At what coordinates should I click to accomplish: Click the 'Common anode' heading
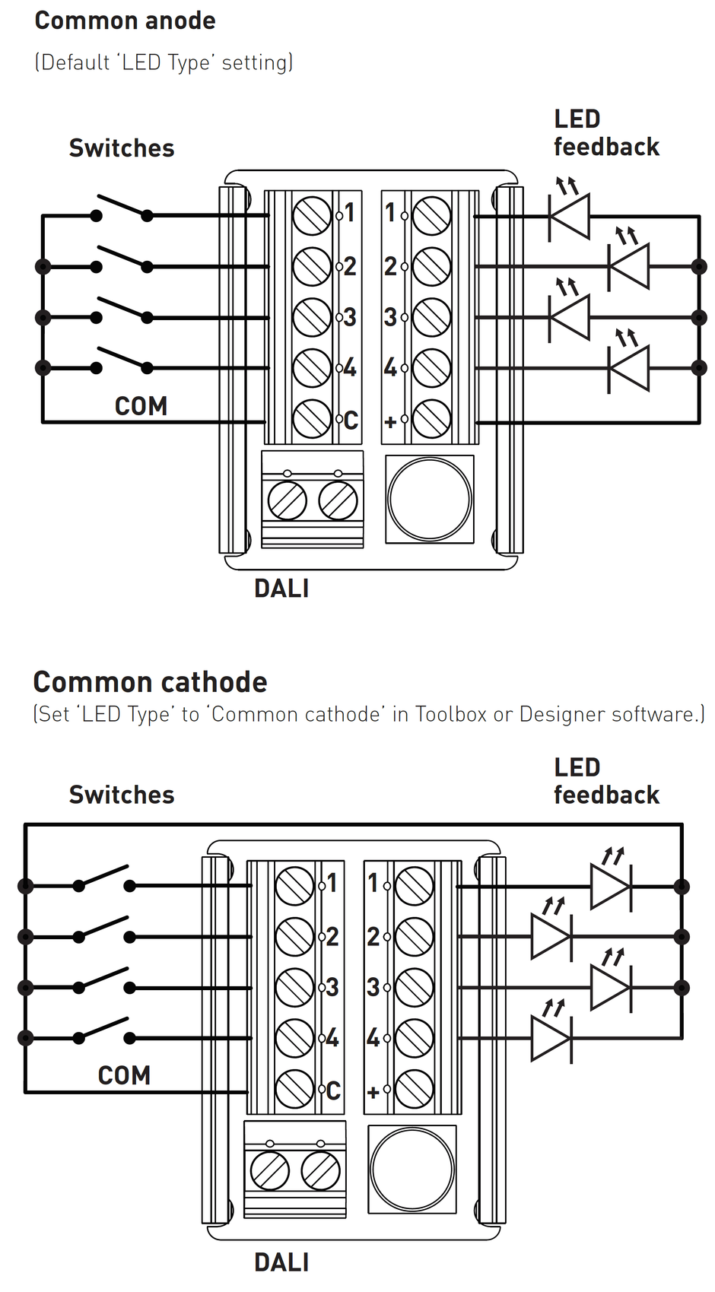point(125,21)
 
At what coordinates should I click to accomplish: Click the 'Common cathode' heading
point(150,682)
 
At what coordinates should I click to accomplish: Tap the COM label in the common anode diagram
point(141,406)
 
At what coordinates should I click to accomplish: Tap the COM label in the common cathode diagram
point(124,1075)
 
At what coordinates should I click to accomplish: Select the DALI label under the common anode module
point(281,589)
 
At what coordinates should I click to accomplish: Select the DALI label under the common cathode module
point(281,1262)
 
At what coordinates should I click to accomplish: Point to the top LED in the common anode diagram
point(570,217)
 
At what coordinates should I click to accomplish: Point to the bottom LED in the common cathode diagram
point(551,1038)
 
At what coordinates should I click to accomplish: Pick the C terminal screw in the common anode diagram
point(312,419)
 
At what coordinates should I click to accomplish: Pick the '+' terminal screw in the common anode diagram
point(431,419)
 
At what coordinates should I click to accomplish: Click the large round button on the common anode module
point(430,499)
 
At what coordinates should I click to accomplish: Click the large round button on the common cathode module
point(412,1169)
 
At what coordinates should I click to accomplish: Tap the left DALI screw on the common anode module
point(287,501)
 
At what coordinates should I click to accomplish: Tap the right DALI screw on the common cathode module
point(320,1171)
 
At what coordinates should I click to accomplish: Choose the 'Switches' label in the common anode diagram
point(122,148)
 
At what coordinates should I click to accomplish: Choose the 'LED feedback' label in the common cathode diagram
point(606,781)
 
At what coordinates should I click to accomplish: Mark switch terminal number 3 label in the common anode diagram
point(349,317)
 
